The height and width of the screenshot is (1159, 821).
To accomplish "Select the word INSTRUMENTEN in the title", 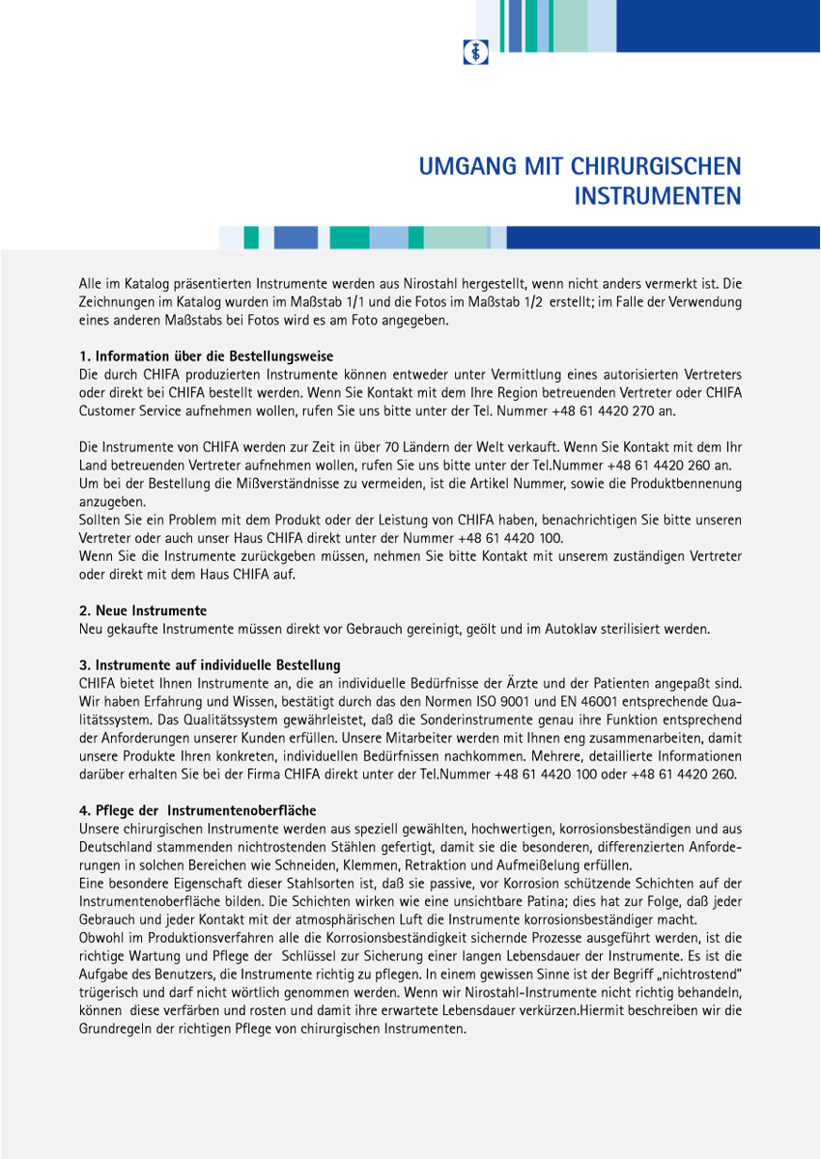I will (x=658, y=196).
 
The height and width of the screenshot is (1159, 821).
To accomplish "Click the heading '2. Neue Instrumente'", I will (x=143, y=611).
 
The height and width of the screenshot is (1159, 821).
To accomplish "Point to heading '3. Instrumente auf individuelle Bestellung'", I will (x=210, y=665).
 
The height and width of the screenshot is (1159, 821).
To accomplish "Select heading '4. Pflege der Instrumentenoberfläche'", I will (x=197, y=810).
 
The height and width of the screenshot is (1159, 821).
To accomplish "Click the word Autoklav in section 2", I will (x=577, y=630).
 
